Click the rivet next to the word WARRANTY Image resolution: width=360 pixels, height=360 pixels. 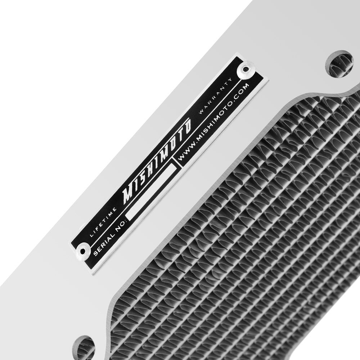[x=247, y=69]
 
